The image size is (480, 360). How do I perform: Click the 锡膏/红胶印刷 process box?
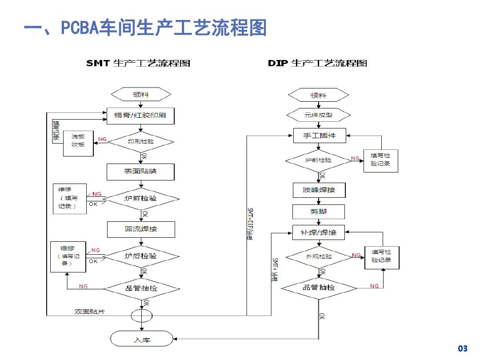(x=140, y=116)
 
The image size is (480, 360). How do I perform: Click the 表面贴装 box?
(x=140, y=172)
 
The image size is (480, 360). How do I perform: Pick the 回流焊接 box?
(x=141, y=229)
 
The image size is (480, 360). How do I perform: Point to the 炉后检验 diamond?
(x=141, y=256)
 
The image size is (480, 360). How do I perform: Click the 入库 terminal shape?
(x=141, y=340)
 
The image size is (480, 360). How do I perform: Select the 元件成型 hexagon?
(x=318, y=115)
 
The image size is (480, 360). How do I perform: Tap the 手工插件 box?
(x=320, y=136)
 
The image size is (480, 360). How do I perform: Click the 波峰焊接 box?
(x=319, y=190)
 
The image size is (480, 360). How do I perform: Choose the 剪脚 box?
(x=319, y=212)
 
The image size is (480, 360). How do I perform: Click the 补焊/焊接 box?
(x=319, y=232)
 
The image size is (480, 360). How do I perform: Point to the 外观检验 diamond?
(x=319, y=256)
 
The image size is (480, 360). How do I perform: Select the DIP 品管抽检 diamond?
(x=319, y=288)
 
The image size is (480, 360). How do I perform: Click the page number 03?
(x=463, y=348)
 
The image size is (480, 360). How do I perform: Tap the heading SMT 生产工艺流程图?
(x=138, y=63)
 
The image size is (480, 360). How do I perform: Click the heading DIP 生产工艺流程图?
(x=317, y=63)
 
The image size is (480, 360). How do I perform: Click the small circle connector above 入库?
(x=141, y=316)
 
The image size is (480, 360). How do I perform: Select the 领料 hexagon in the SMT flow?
(x=141, y=94)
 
